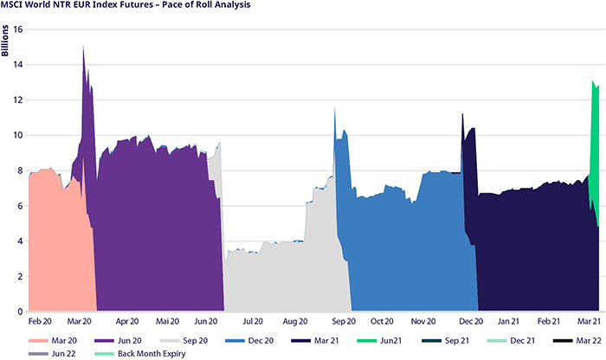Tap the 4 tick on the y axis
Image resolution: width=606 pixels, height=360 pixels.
tap(19, 241)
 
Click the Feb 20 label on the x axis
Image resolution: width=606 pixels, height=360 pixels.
tap(39, 321)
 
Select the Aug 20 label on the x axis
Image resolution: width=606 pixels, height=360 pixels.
tap(294, 321)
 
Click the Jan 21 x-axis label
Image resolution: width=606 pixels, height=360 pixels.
tap(509, 321)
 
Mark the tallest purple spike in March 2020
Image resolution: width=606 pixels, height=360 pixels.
tap(83, 47)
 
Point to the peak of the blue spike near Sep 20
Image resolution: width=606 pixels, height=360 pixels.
tap(335, 109)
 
